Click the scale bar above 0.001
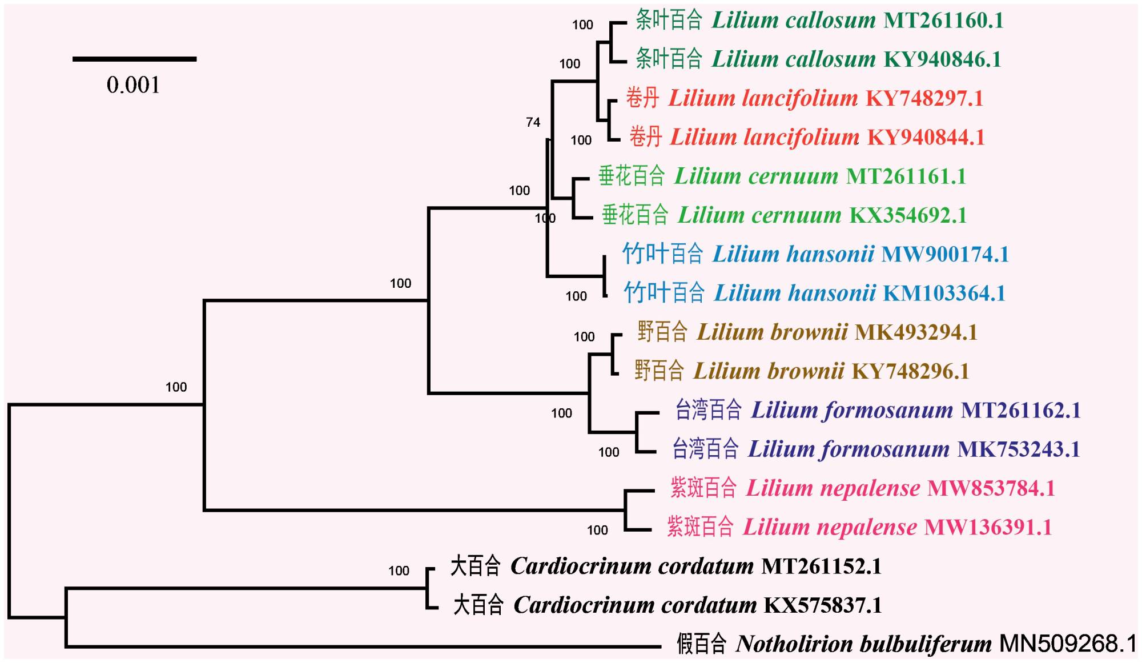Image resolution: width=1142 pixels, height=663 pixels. tap(134, 59)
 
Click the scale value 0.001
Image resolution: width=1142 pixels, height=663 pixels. tap(133, 86)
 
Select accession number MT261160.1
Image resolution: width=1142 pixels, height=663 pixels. tap(943, 21)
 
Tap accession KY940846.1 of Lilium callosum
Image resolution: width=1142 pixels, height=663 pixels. tap(943, 60)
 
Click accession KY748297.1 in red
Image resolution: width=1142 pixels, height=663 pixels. tap(924, 99)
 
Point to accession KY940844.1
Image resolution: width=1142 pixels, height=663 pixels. tap(926, 138)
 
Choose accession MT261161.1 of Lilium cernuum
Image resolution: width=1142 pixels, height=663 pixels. tap(906, 176)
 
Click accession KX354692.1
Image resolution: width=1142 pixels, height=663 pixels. tap(908, 216)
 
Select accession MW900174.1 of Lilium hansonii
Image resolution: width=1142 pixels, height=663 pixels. tap(945, 255)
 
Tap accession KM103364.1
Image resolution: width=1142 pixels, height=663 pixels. tap(944, 294)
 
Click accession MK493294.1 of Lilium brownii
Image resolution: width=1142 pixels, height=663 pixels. tap(916, 332)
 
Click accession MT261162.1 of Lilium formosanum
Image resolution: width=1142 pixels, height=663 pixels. tap(1021, 411)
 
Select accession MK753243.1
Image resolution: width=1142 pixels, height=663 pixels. tap(1019, 449)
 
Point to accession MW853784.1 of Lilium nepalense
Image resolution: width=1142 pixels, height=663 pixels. tap(991, 489)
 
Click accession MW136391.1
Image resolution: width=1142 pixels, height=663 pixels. tap(988, 528)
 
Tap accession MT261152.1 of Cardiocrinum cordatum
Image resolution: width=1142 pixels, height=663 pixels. tap(822, 566)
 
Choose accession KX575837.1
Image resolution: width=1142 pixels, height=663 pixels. tap(823, 605)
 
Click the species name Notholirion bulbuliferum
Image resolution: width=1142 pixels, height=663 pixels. tap(864, 644)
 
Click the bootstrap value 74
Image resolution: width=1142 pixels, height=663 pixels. tap(533, 122)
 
